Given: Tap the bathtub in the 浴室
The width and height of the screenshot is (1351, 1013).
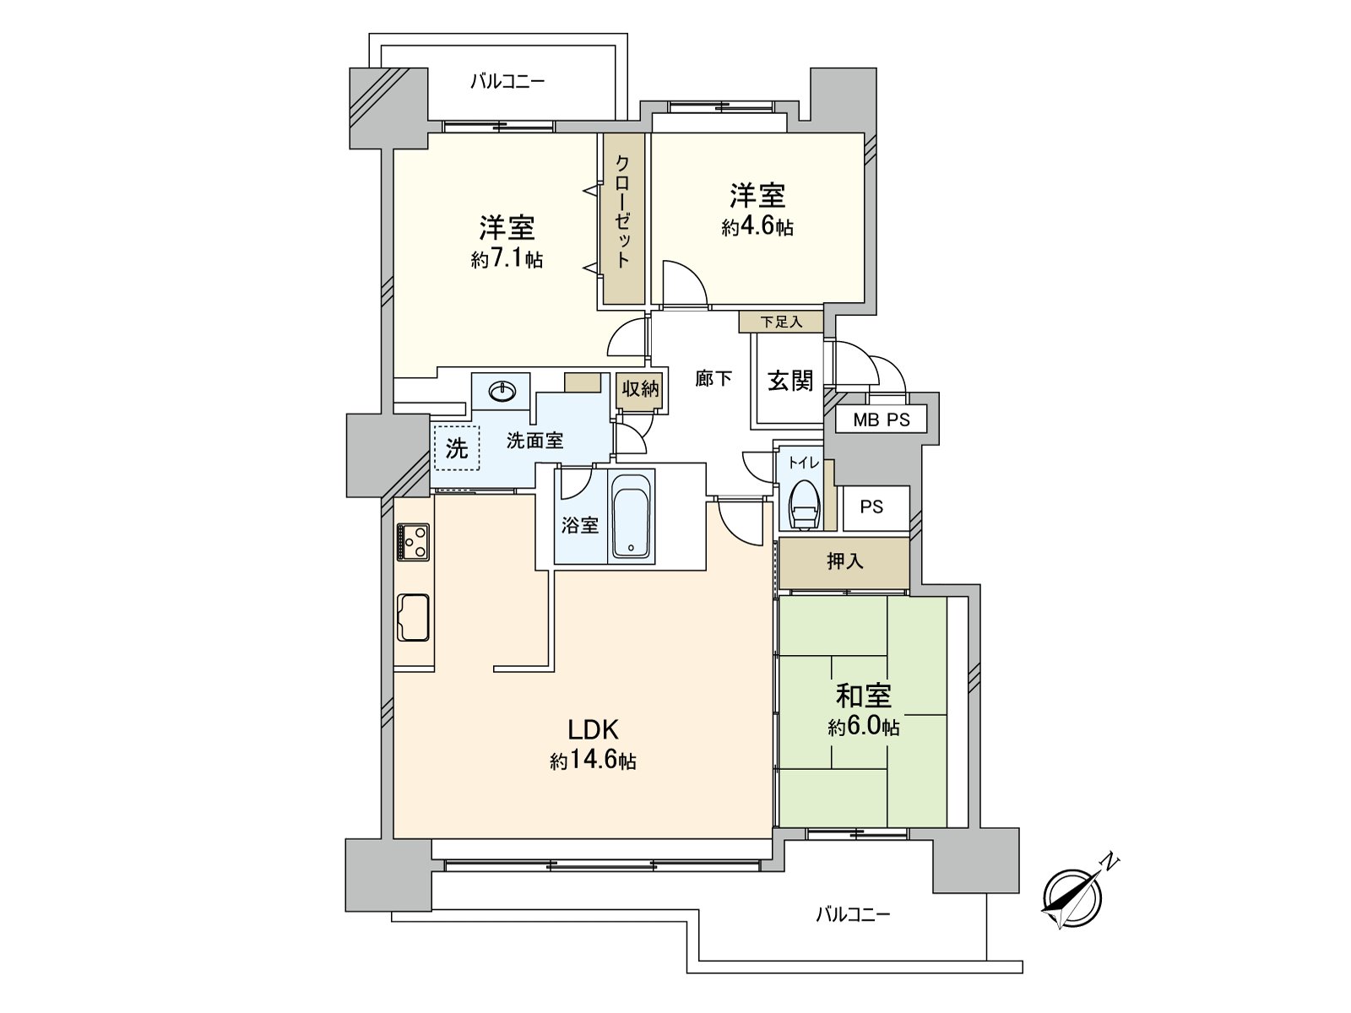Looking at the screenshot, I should click(631, 516).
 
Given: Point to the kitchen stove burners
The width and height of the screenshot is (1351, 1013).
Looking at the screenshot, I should click(413, 541).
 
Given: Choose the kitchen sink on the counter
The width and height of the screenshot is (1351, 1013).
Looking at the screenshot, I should click(413, 617).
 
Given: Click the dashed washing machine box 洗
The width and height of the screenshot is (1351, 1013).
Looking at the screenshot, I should click(456, 447).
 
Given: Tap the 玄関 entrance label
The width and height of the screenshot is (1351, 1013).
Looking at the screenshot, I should click(789, 381).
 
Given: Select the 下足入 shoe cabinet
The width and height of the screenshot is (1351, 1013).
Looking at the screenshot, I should click(780, 322).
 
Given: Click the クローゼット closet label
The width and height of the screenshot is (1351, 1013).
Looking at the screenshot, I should click(623, 211).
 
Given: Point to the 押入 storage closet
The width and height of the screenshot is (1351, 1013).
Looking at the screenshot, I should click(844, 561).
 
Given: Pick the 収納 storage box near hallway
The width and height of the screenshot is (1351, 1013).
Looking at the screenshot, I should click(639, 389).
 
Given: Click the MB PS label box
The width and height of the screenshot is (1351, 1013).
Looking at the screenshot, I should click(881, 420).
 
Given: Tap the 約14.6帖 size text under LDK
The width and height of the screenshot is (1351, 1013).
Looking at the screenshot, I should click(593, 761).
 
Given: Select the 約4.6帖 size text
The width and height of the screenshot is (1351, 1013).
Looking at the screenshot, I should click(757, 227).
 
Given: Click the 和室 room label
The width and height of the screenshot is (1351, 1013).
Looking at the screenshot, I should click(863, 696).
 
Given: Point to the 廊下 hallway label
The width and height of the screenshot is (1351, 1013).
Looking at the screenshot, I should click(713, 379).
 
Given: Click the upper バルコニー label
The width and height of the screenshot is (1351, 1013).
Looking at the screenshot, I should click(507, 82).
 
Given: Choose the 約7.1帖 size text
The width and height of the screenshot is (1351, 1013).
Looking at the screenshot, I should click(507, 259).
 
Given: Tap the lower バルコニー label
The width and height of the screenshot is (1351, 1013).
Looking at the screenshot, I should click(853, 914).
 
